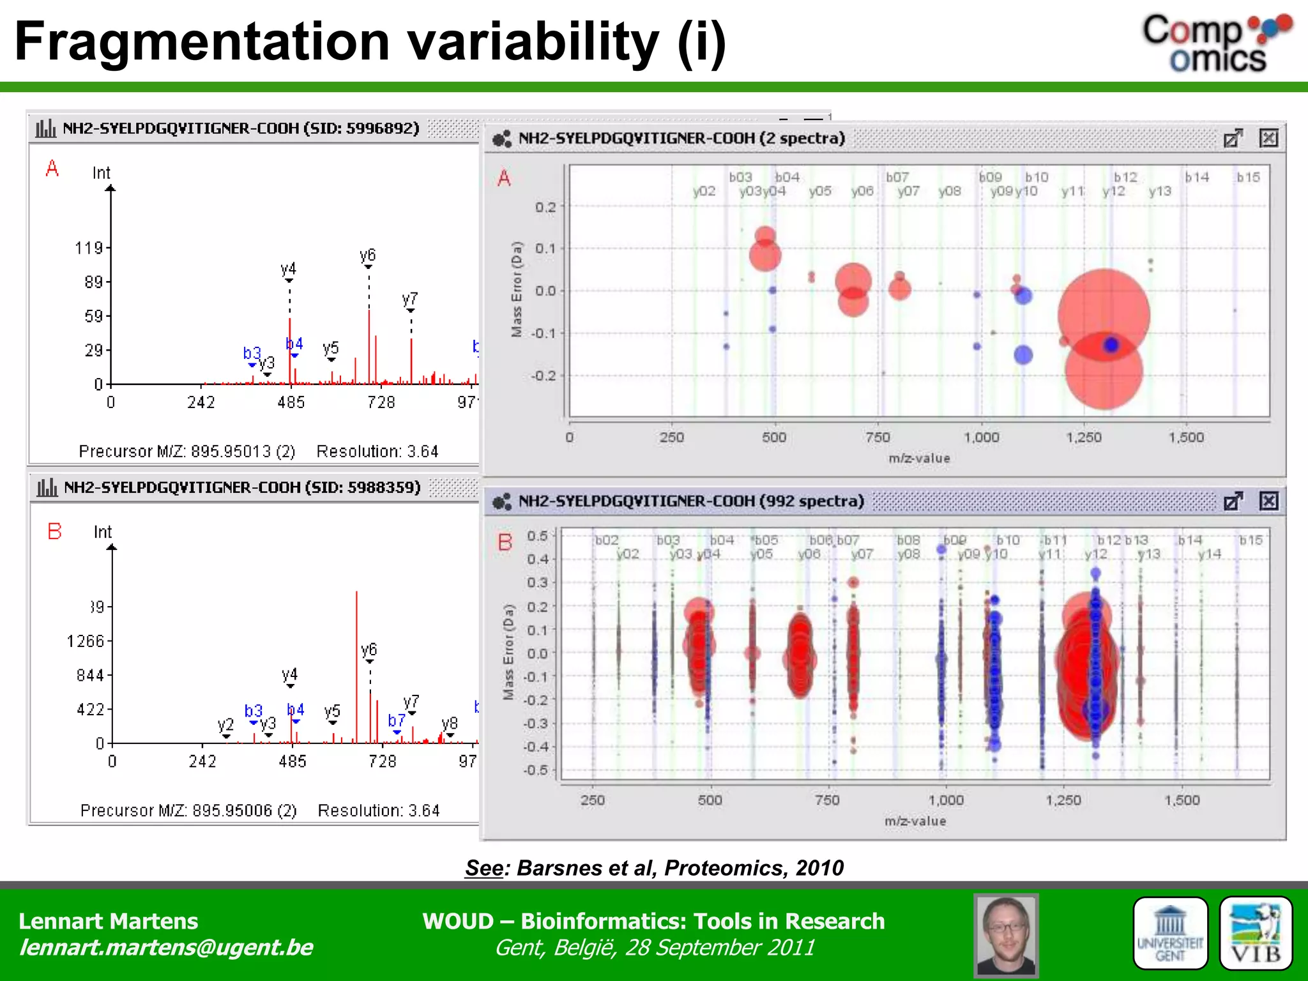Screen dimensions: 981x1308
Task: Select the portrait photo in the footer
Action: [x=1006, y=934]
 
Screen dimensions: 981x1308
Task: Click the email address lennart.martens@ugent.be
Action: [x=166, y=947]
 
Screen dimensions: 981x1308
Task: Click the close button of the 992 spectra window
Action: [x=1268, y=501]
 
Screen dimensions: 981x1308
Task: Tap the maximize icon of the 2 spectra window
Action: [x=1233, y=139]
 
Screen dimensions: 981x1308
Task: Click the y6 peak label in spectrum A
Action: [x=368, y=255]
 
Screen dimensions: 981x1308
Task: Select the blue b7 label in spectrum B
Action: [x=396, y=720]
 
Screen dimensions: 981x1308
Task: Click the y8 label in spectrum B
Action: [x=450, y=723]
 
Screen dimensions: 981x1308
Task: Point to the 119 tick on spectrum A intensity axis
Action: [x=89, y=248]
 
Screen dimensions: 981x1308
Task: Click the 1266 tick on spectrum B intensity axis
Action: [x=85, y=641]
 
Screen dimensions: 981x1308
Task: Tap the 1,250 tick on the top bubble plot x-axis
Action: [x=1084, y=437]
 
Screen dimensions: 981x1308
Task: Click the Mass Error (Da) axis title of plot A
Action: [x=517, y=289]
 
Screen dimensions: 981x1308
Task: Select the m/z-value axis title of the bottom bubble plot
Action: [x=915, y=821]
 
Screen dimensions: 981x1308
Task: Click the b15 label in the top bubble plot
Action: [x=1248, y=178]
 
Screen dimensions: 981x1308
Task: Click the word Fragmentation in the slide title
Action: [x=202, y=42]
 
